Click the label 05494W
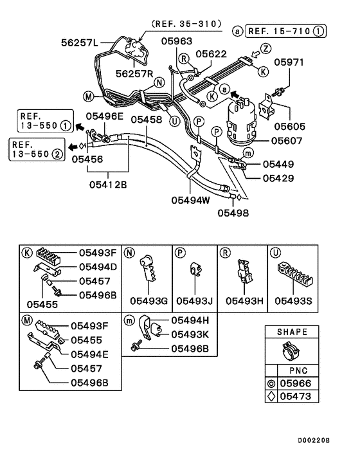tap(191, 199)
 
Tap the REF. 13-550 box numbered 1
tap(40, 120)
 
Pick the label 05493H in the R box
tap(242, 300)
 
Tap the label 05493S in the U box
tap(293, 300)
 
